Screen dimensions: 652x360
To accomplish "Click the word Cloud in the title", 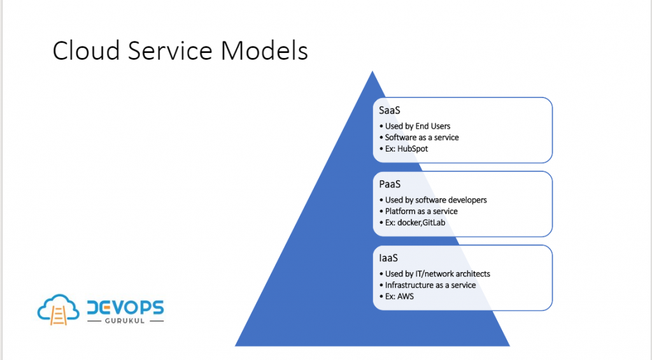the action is [86, 51].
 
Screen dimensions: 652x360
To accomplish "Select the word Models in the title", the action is [264, 51].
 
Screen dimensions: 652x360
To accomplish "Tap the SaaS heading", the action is [390, 110].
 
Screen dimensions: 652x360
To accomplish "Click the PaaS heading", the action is [390, 184].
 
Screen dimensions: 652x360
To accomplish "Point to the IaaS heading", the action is [388, 258].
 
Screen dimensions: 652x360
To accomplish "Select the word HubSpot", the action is [413, 148].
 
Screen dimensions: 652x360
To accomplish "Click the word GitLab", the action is [434, 222].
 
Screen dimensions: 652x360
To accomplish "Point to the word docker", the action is [409, 222].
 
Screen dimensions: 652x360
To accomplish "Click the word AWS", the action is [406, 296].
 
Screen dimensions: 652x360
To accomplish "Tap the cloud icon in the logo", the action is [58, 309].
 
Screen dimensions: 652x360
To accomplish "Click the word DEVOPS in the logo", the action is [125, 308].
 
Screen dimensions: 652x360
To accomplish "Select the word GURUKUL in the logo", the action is [125, 321].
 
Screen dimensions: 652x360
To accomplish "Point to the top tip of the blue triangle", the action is [372, 71].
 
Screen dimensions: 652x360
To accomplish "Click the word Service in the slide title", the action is [170, 51].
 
